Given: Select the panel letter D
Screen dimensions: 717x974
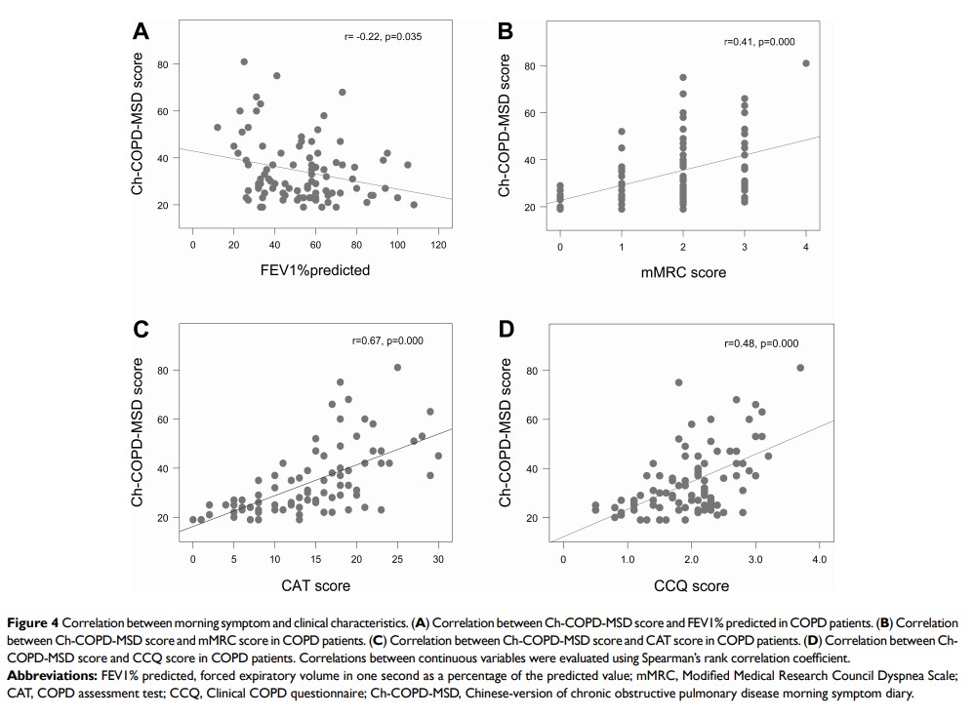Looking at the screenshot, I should pos(506,329).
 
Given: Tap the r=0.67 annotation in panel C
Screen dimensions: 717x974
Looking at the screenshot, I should pos(387,340).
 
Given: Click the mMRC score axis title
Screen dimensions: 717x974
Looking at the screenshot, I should pos(683,272).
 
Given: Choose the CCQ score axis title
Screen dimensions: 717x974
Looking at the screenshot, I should pos(690,585).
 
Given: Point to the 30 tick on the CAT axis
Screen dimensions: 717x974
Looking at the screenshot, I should pos(438,558).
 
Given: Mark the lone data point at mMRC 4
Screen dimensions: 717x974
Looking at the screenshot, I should pos(806,63).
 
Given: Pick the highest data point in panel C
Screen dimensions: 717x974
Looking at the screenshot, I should pos(397,367).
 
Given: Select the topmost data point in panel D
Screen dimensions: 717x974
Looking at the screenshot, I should pos(800,368).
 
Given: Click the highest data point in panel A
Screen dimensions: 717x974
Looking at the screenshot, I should pos(244,61).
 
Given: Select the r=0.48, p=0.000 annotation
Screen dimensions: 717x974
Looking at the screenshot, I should pos(760,343).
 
